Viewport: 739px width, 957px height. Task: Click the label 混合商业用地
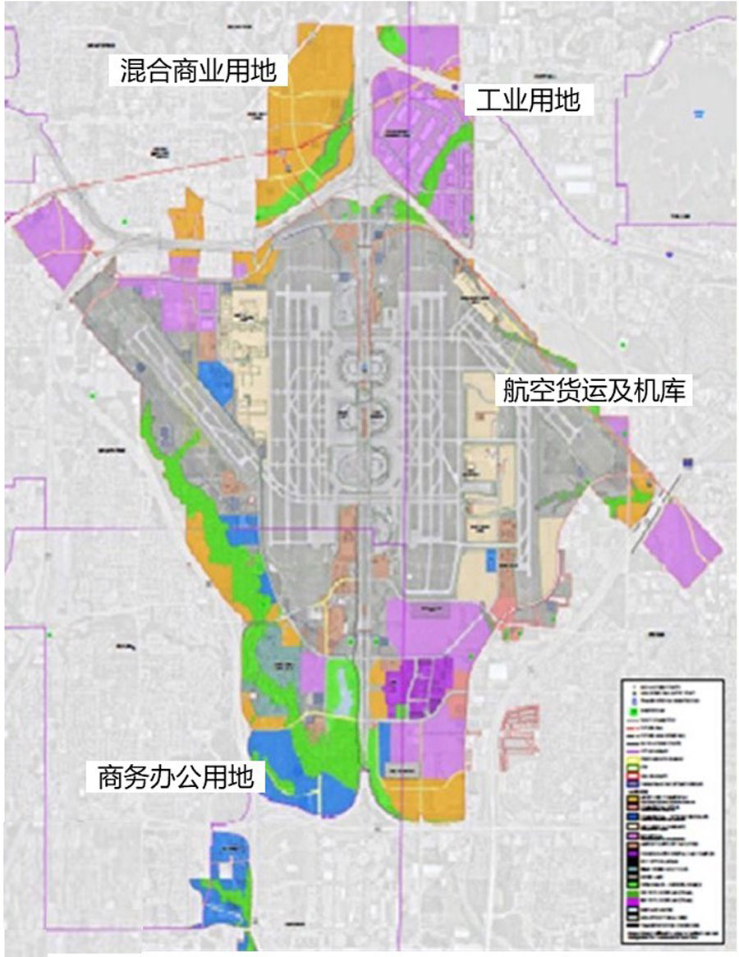pos(200,71)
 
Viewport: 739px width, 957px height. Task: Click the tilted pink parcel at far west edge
pos(51,241)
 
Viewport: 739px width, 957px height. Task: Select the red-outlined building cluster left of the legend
pos(518,724)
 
